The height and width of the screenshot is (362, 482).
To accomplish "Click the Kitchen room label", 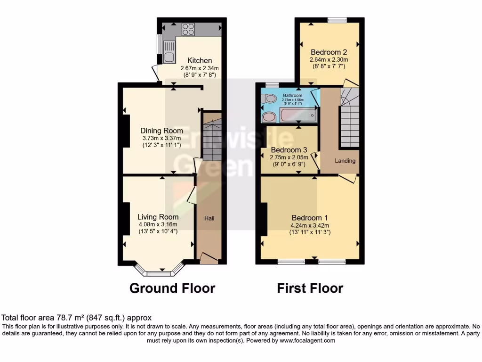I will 200,60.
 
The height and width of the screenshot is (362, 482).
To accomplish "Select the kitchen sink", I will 169,46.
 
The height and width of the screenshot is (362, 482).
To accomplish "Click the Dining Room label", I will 161,131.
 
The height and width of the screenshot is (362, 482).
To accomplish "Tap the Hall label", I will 209,218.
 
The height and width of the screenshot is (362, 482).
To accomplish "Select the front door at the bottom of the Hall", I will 208,257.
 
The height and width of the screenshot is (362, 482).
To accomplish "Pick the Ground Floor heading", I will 172,288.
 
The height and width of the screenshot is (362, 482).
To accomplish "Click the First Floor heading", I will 310,288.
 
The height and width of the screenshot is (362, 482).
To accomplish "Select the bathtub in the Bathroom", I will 298,115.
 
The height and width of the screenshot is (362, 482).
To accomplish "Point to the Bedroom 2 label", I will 329,52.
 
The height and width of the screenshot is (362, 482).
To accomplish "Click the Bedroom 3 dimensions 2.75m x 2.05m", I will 289,157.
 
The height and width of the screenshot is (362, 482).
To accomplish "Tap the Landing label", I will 345,161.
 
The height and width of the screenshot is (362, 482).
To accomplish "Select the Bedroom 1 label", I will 309,217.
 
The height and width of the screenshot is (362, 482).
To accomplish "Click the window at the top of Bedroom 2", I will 337,20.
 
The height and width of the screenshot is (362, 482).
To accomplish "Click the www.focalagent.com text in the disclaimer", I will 307,340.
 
